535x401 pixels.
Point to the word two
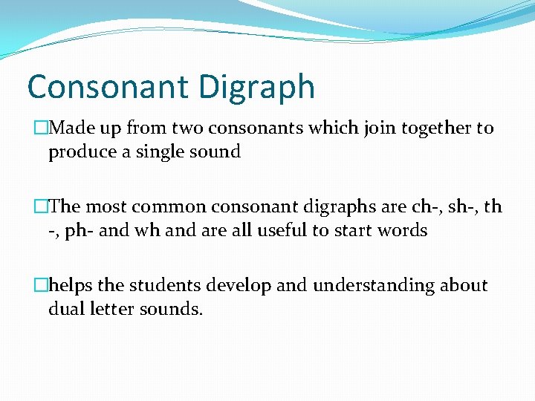point(188,128)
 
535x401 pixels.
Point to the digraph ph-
point(79,231)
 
